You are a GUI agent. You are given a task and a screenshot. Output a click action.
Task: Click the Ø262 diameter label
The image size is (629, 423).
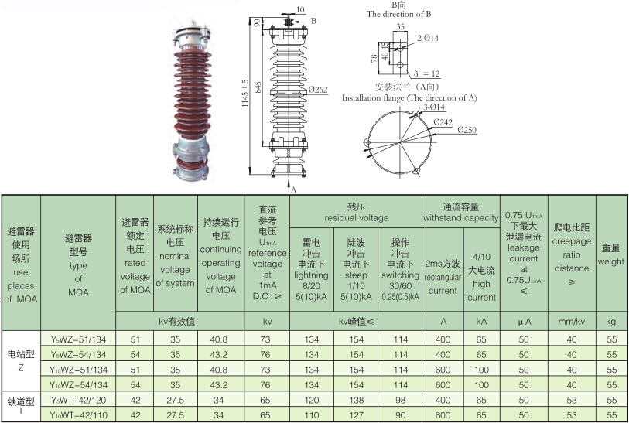tap(319, 90)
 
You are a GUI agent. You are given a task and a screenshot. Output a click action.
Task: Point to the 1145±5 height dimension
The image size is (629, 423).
tap(245, 94)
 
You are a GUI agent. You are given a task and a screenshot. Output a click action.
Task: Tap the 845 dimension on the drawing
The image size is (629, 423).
tap(258, 87)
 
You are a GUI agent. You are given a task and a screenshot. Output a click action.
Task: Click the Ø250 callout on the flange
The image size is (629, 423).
tap(467, 130)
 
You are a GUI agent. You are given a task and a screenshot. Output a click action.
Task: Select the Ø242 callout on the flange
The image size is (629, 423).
tap(443, 122)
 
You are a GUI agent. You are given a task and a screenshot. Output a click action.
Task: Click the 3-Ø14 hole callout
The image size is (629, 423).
tap(434, 107)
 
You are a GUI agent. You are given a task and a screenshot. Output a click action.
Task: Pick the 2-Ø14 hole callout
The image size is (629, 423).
tap(428, 38)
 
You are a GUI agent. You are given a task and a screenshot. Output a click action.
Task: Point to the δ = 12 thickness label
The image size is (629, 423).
tap(427, 73)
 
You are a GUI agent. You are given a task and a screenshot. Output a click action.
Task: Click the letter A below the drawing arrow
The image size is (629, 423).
tap(293, 190)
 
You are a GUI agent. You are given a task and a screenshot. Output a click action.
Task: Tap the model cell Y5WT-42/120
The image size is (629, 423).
tap(79, 400)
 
